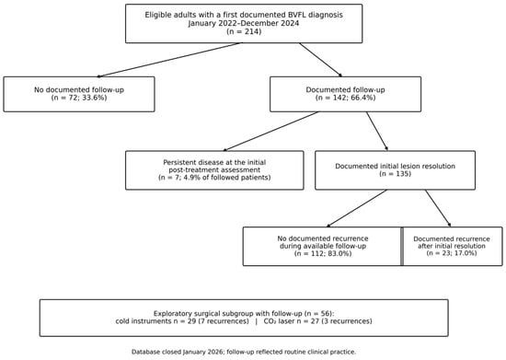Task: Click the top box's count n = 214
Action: click(x=244, y=31)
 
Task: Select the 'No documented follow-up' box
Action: click(x=79, y=94)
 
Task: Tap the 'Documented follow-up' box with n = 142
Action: click(x=345, y=94)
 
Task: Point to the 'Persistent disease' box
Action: click(x=214, y=170)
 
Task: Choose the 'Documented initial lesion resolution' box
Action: click(x=395, y=170)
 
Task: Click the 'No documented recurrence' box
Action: click(x=323, y=247)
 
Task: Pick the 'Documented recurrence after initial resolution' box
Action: click(x=452, y=247)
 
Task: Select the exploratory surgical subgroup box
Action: click(x=244, y=318)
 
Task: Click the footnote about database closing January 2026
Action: click(x=244, y=352)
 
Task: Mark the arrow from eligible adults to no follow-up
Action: click(x=170, y=60)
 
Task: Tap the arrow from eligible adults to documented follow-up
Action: click(x=320, y=60)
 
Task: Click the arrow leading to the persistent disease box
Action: click(x=271, y=132)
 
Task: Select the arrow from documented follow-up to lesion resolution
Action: click(x=377, y=132)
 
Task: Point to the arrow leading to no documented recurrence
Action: click(x=357, y=208)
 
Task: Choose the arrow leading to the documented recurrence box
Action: click(x=438, y=208)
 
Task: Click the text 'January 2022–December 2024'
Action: click(x=244, y=24)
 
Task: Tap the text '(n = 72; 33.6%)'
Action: click(x=79, y=98)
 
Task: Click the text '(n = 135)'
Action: click(x=395, y=174)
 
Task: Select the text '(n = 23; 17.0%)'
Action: click(x=452, y=253)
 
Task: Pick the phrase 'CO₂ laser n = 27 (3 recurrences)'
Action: click(x=318, y=321)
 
